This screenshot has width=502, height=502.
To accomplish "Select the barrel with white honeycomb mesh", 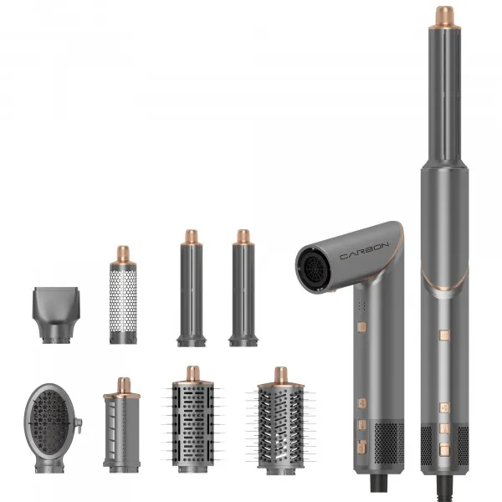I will pos(123,301).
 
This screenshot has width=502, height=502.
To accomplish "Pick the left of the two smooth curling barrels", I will pos(191,293).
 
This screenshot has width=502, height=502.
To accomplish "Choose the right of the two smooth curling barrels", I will pos(243,293).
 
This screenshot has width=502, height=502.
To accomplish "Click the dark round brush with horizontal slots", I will pos(192,423).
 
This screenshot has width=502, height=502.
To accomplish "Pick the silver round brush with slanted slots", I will pos(280,423).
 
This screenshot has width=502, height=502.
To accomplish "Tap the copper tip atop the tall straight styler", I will pos(444,16).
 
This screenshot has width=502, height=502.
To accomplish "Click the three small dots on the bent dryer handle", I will pos(361,305).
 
